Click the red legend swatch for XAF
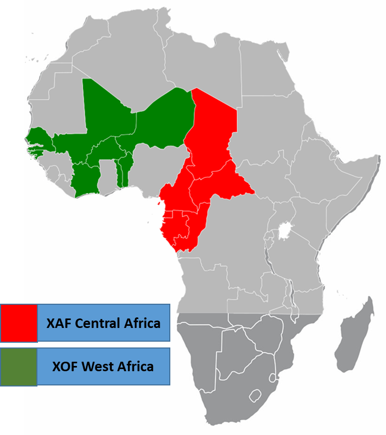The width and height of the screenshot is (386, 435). coord(18,322)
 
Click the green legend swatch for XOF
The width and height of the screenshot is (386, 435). coord(18,366)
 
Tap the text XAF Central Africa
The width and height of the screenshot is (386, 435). coord(103,323)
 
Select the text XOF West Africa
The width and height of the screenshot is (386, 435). coord(103,366)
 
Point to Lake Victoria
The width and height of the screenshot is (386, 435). coord(285,230)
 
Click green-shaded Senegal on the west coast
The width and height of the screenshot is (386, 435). coord(38,139)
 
